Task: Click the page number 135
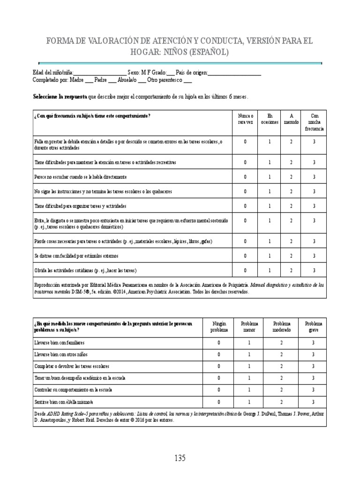click(180, 458)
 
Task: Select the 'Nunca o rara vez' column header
click(245, 119)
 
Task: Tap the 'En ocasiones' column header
click(270, 119)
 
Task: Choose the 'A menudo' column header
click(291, 119)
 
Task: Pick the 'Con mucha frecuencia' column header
click(314, 122)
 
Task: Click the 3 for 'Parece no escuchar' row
click(314, 177)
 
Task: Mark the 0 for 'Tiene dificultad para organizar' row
click(245, 206)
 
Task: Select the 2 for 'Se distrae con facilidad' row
click(291, 256)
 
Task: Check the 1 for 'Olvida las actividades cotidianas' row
click(270, 270)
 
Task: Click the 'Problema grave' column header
click(314, 327)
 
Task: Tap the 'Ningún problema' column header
click(219, 327)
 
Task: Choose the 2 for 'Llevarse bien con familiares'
click(281, 343)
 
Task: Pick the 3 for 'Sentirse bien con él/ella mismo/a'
click(314, 402)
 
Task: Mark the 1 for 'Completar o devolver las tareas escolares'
click(249, 366)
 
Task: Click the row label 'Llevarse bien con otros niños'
click(60, 355)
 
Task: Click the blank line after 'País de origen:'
click(234, 73)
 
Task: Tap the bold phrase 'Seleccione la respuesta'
click(60, 97)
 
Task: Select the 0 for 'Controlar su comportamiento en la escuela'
click(219, 390)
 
